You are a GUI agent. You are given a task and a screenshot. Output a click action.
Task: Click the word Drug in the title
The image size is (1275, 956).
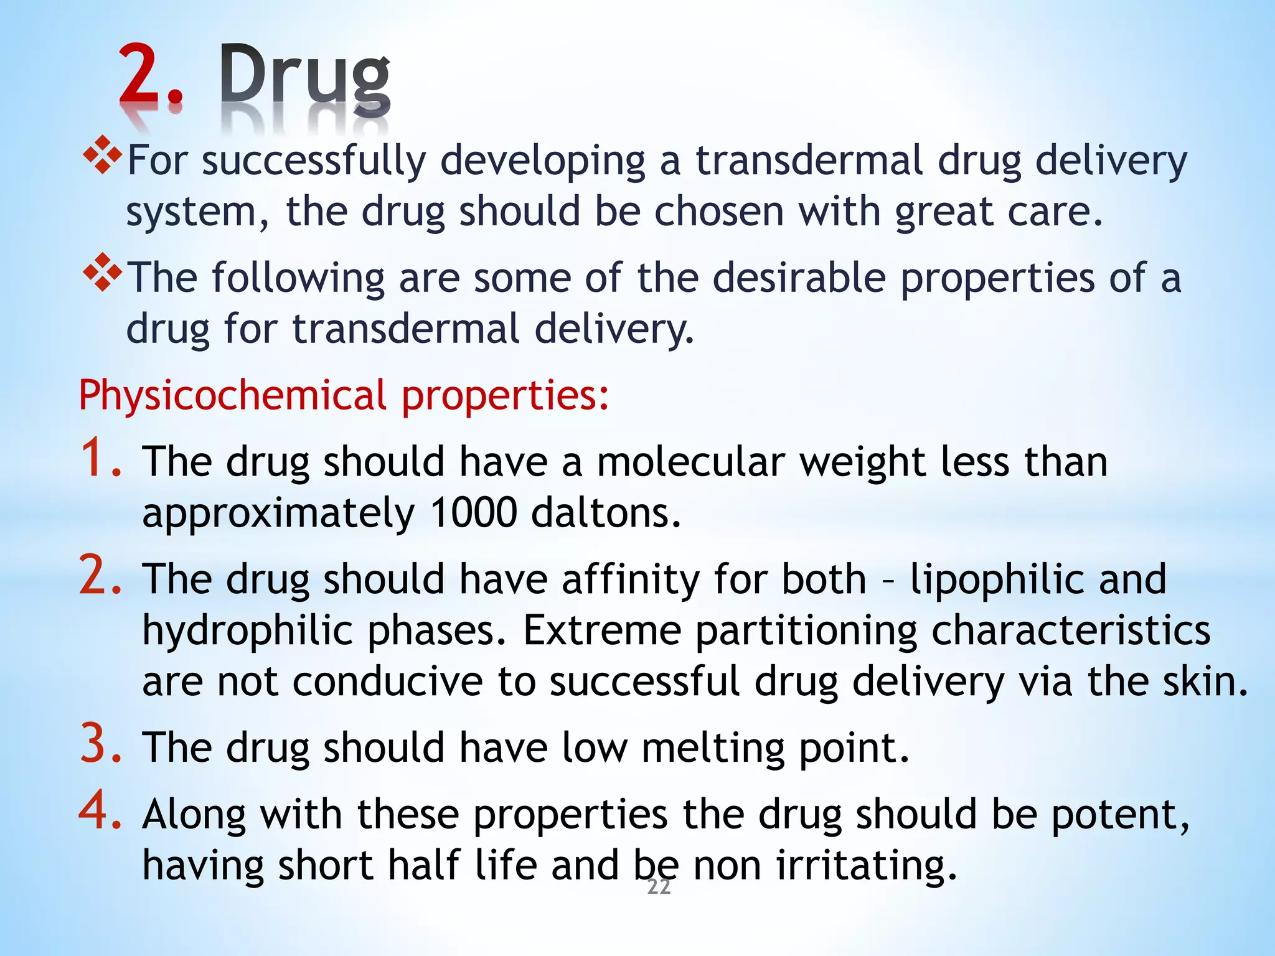304,78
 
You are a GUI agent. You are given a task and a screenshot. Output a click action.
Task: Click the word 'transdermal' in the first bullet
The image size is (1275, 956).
809,161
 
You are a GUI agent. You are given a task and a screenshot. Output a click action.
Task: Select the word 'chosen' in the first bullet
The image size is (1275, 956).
718,212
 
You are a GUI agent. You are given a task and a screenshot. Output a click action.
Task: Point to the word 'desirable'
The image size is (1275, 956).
799,278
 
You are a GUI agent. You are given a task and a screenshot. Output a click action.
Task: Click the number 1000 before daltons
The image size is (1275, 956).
473,513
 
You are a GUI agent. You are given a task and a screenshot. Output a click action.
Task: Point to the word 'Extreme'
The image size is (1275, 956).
602,630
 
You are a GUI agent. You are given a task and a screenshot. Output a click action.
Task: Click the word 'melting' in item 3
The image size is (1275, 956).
712,747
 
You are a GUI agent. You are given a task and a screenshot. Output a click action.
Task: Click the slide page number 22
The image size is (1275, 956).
659,887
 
